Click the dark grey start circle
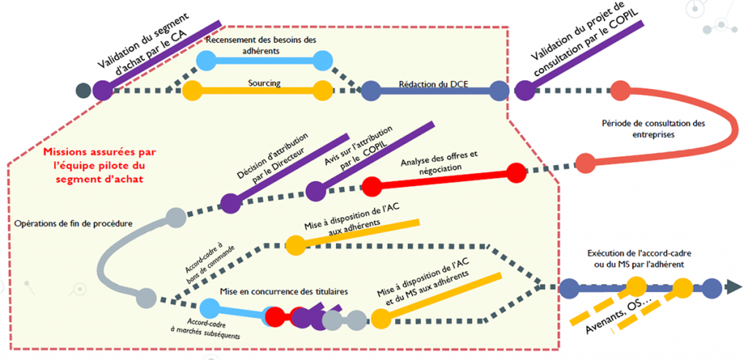click(x=83, y=91)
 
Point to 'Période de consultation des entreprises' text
click(x=654, y=129)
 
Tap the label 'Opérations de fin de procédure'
click(x=73, y=223)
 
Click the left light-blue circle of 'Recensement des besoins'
click(x=207, y=61)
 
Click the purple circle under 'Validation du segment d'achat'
click(x=103, y=91)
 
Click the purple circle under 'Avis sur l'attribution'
click(x=315, y=191)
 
